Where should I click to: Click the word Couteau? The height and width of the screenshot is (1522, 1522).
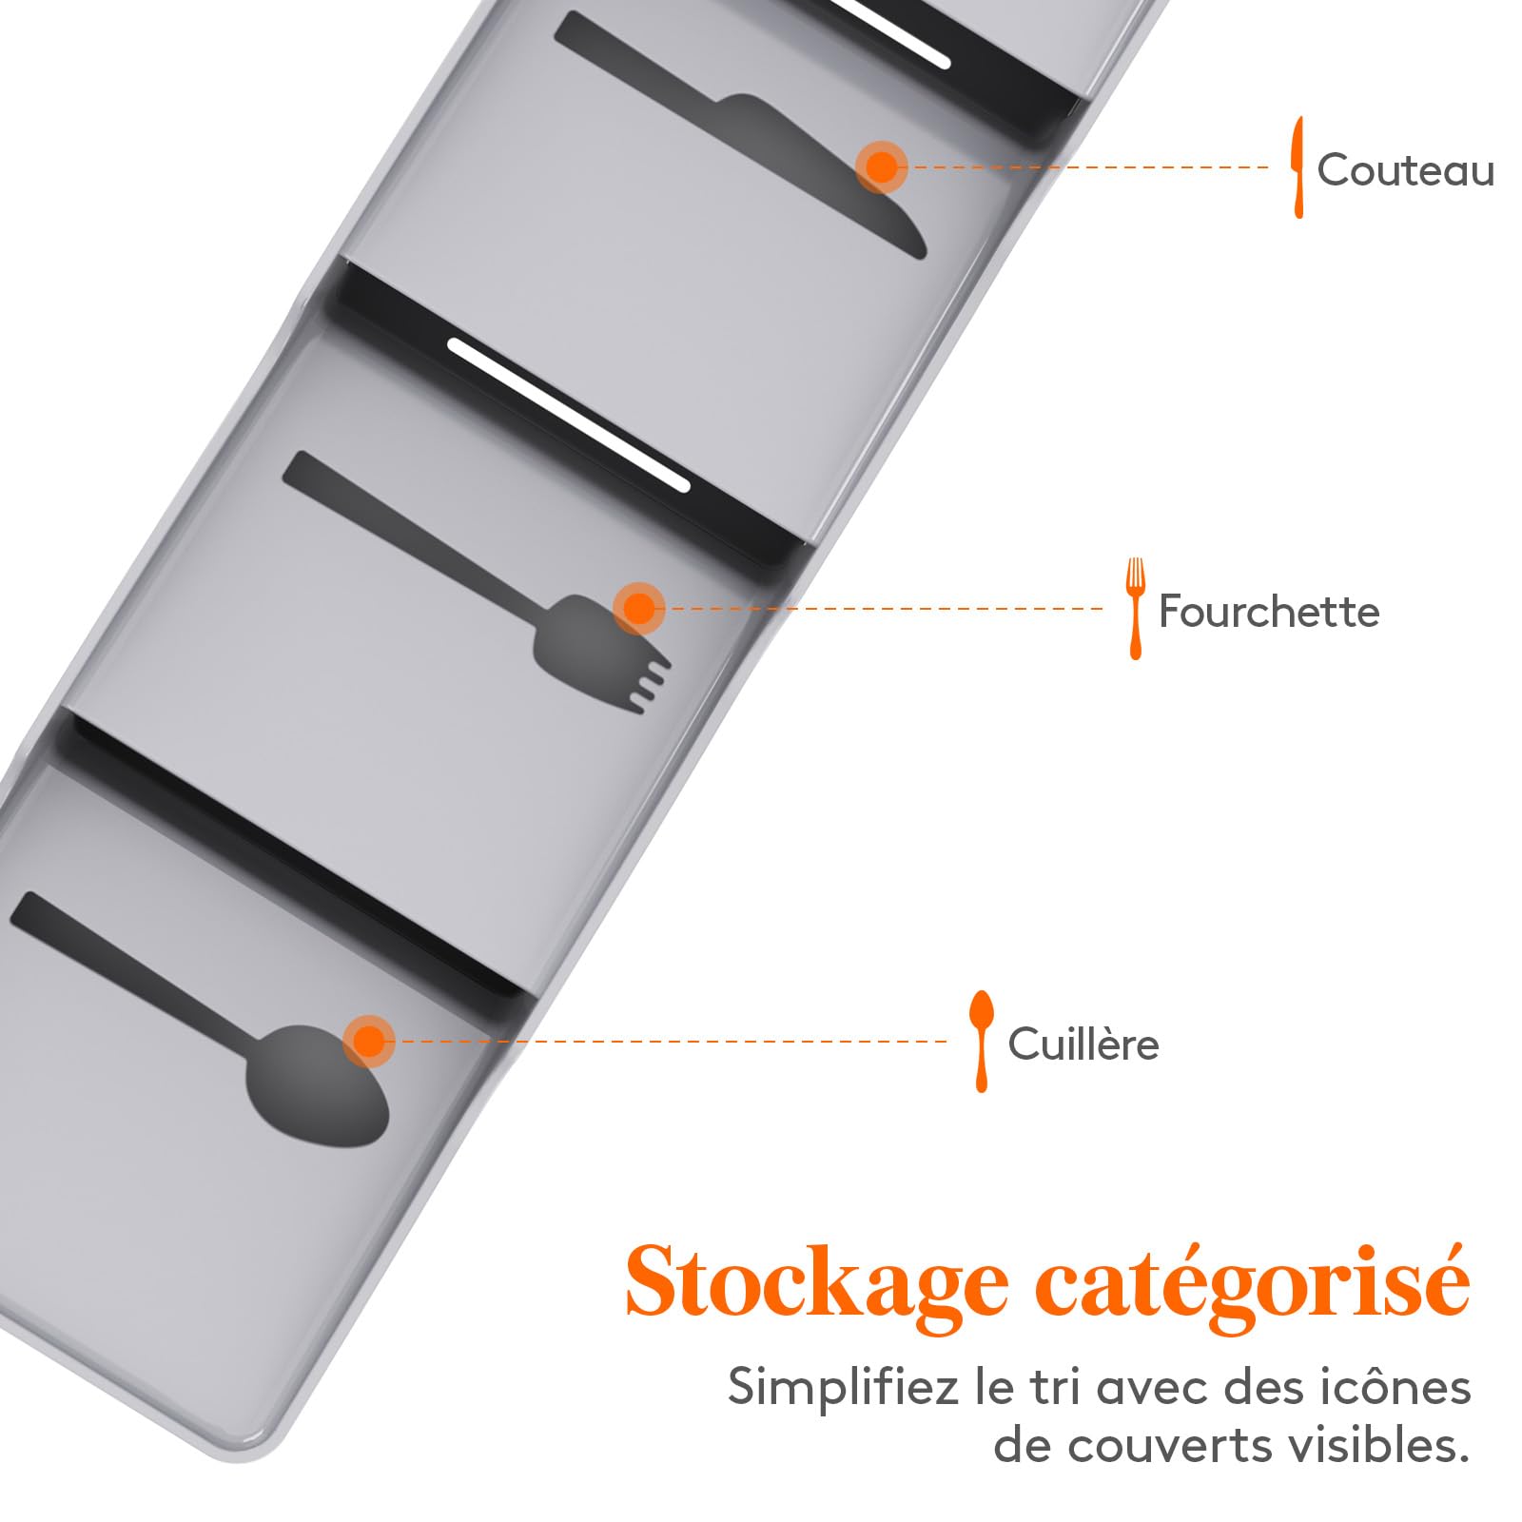point(1405,170)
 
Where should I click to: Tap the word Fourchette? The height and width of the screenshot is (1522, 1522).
point(1269,611)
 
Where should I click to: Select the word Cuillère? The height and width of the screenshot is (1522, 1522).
point(1083,1044)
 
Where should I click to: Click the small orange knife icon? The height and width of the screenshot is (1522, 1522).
point(1298,167)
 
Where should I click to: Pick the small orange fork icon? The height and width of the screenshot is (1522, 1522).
point(1135,609)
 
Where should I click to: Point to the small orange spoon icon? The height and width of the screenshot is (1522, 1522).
point(981,1042)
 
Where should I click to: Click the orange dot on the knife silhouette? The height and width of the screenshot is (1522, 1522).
point(882,167)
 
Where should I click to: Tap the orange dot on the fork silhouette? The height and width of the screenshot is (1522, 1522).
point(639,609)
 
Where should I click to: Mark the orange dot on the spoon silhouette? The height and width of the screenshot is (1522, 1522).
point(369,1042)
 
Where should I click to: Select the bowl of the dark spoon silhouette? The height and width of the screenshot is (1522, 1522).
point(317,1084)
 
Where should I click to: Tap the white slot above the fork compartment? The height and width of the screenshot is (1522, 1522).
point(568,416)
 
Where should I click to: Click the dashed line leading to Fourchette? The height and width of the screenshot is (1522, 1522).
point(885,609)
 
